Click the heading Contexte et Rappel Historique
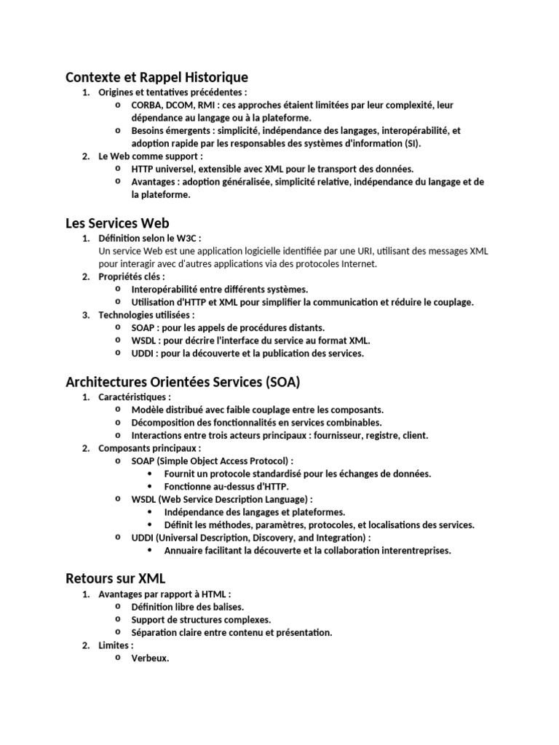point(156,77)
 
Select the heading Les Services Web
point(117,223)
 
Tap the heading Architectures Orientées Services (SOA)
point(183,382)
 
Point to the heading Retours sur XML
point(116,578)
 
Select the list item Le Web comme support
point(151,156)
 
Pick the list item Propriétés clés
point(132,276)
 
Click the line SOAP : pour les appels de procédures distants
point(228,328)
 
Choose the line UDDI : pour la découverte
point(247,354)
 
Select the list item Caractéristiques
point(135,397)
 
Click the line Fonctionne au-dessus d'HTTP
point(226,486)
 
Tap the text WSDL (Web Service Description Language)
point(222,499)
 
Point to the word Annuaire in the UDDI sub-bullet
point(183,551)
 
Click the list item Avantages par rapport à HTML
point(165,594)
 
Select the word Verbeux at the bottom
point(150,659)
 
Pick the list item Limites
point(116,645)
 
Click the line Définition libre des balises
point(188,607)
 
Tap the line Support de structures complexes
point(201,620)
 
